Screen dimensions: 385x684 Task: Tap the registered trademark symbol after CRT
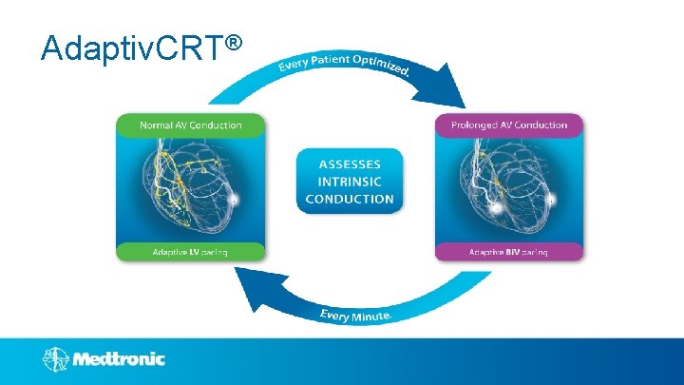(x=237, y=43)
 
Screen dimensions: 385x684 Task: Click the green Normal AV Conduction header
(x=191, y=125)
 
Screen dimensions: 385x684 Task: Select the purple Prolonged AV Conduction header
(x=509, y=125)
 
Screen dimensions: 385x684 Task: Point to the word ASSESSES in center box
(x=350, y=164)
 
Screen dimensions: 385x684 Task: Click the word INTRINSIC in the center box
(x=350, y=181)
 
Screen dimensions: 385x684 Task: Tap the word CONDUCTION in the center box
(x=350, y=199)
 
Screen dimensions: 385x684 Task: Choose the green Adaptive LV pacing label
(x=191, y=252)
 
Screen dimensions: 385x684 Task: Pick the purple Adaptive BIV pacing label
(x=509, y=252)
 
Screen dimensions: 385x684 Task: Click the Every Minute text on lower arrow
(x=352, y=314)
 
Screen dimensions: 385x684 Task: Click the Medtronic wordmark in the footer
(x=120, y=359)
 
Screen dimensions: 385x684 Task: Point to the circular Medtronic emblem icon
(x=55, y=359)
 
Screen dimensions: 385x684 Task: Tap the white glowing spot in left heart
(x=235, y=200)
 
